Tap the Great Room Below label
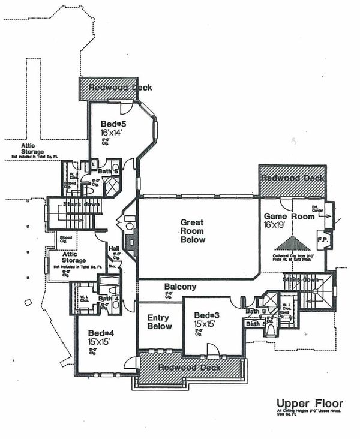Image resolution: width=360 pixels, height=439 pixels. pyautogui.click(x=193, y=231)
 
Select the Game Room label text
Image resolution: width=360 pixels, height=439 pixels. pyautogui.click(x=289, y=217)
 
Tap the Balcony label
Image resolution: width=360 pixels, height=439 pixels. pyautogui.click(x=180, y=287)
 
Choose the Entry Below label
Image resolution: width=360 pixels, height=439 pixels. pyautogui.click(x=159, y=322)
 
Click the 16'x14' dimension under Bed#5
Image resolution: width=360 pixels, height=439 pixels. pyautogui.click(x=112, y=133)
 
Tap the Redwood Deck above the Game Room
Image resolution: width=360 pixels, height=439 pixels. pyautogui.click(x=292, y=178)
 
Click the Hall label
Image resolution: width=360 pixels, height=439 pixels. pyautogui.click(x=113, y=248)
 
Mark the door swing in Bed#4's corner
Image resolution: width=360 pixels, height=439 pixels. pyautogui.click(x=130, y=362)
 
